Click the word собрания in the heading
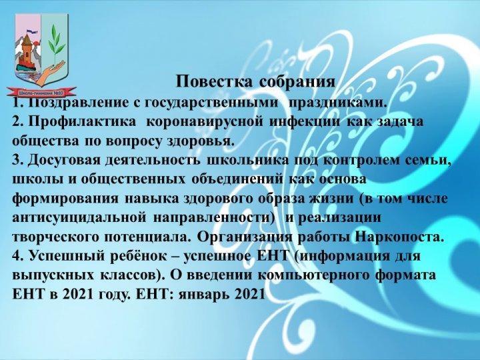297,82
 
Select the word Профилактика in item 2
83,122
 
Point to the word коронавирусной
205,122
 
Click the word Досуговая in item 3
64,160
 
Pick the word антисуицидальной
79,217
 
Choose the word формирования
65,199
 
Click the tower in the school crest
27,50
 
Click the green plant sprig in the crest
56,45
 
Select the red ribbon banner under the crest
41,92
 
